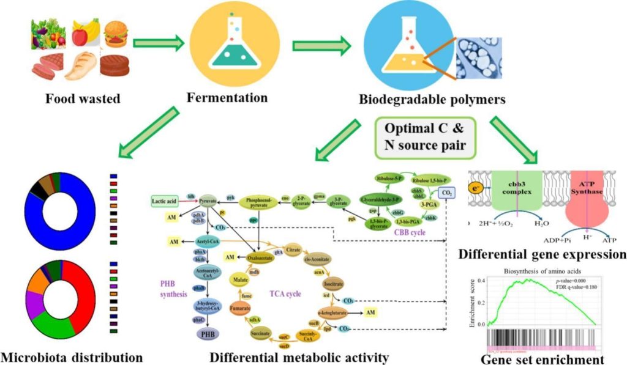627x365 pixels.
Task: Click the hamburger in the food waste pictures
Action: click(x=115, y=32)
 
